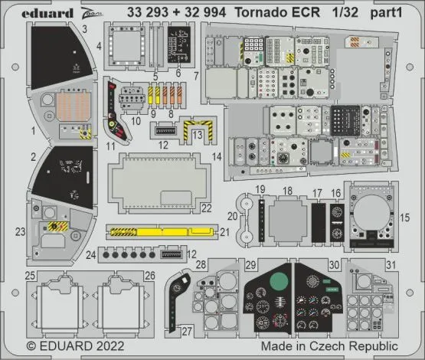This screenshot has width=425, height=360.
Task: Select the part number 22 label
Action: coord(206,208)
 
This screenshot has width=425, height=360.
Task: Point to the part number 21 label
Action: coord(224,231)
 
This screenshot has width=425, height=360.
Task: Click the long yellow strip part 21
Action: coord(162,231)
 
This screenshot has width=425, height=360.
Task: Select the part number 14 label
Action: coord(217,157)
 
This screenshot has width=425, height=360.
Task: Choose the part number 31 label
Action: coord(391,264)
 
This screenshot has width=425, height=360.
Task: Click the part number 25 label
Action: coord(29,274)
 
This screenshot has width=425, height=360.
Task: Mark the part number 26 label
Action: coord(149,274)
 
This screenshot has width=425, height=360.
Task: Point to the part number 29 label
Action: coord(250,264)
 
